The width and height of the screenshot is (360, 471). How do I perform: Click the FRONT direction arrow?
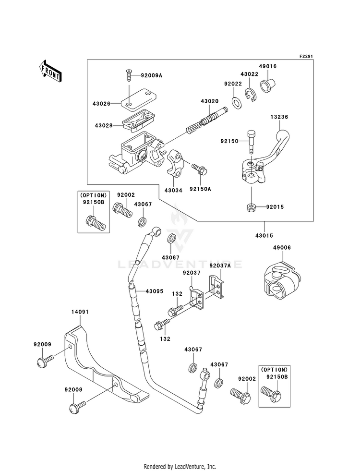click(x=50, y=71)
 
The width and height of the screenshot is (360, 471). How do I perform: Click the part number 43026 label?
click(x=101, y=104)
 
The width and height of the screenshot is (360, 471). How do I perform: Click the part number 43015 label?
click(x=264, y=235)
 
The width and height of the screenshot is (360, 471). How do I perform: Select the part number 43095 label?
click(x=155, y=291)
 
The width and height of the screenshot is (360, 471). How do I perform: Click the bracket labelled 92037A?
click(x=217, y=286)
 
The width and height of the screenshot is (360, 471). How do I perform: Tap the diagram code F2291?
click(x=306, y=56)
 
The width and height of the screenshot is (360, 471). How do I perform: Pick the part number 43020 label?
click(x=210, y=101)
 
